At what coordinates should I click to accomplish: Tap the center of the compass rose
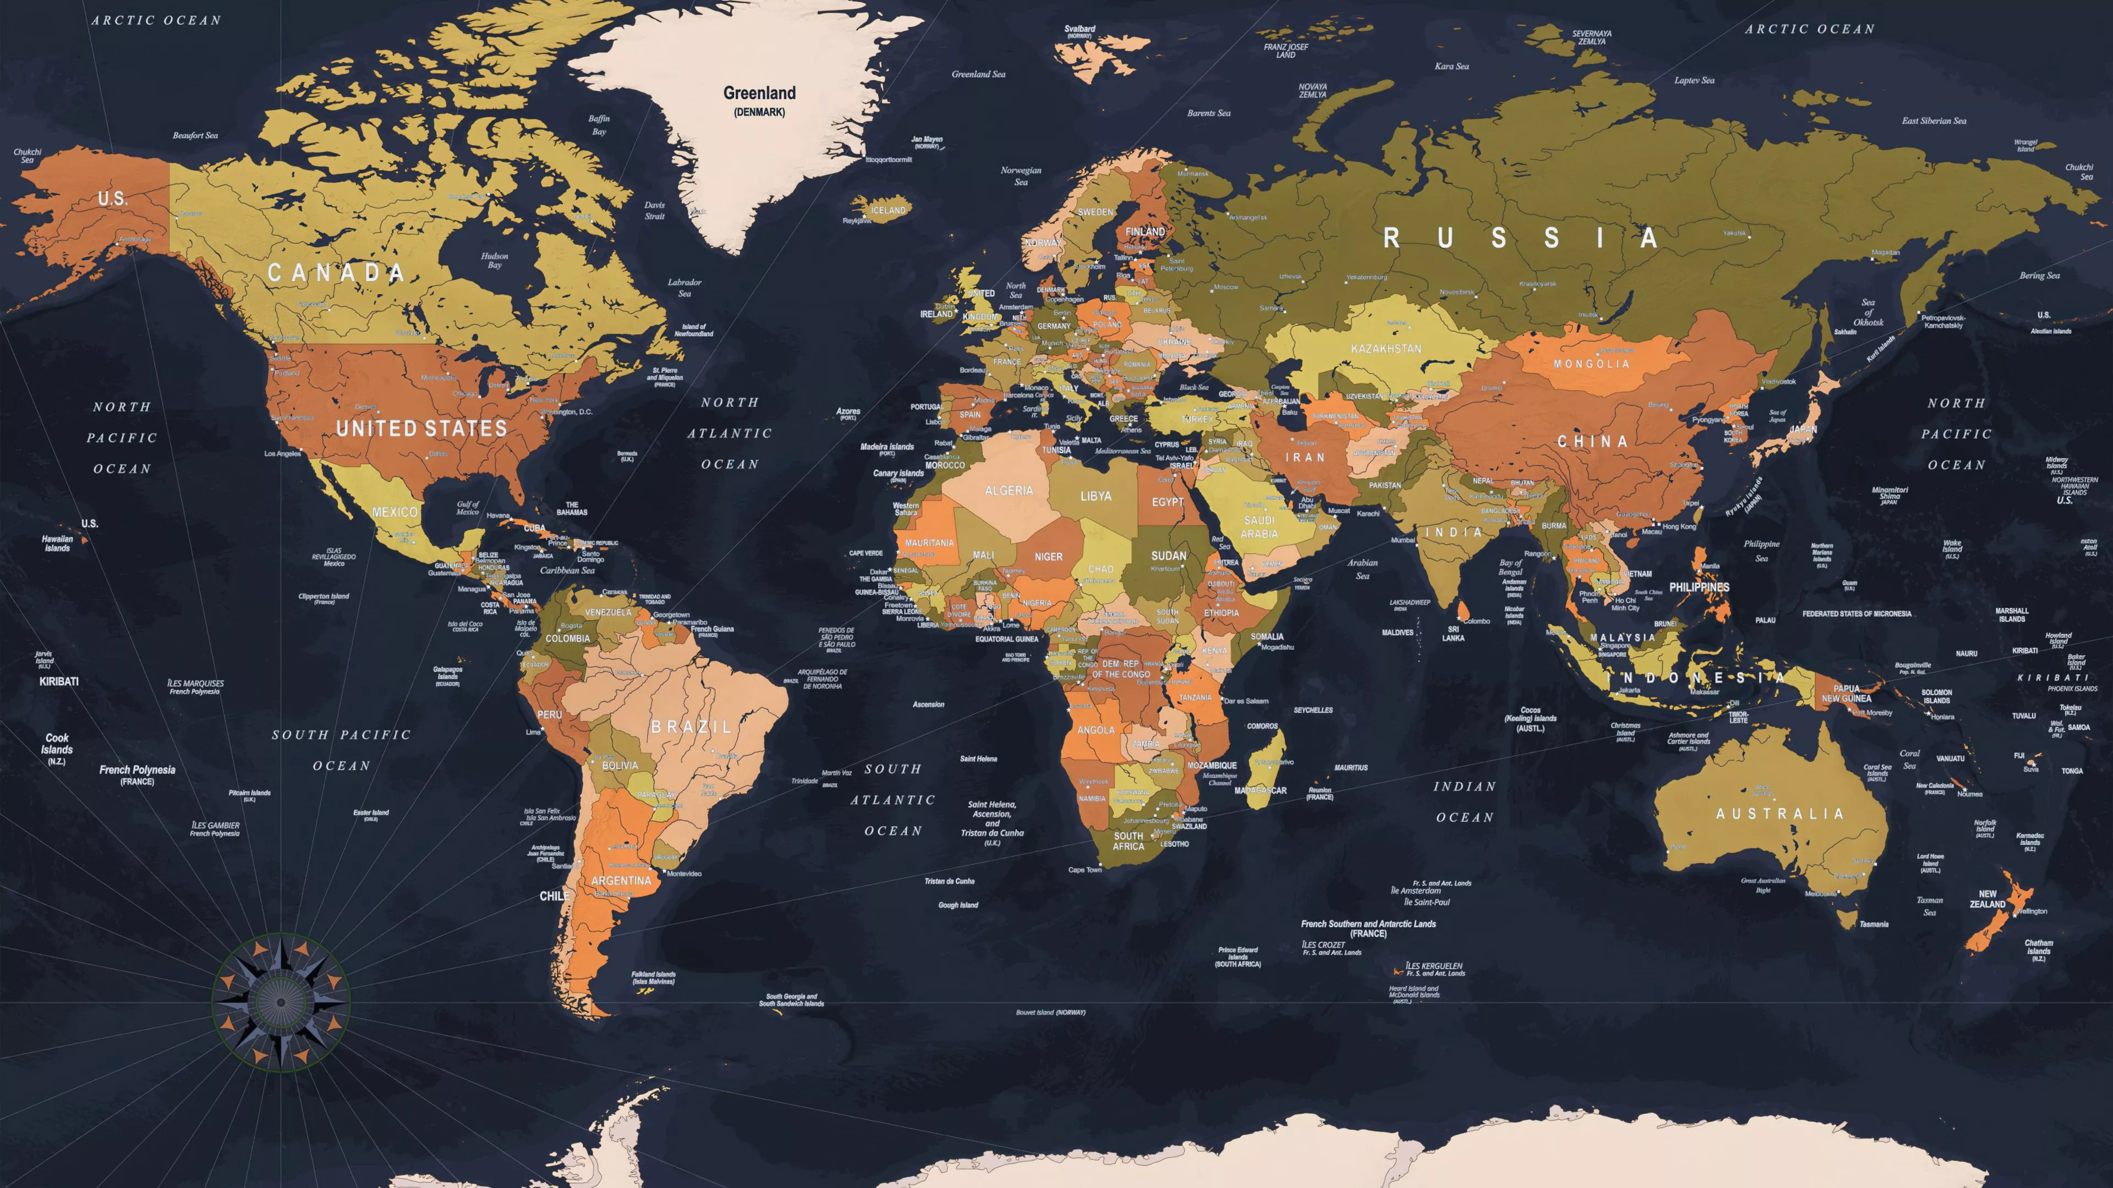click(x=281, y=1002)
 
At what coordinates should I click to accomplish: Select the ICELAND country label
click(x=888, y=211)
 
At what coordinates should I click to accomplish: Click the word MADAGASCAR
click(x=1260, y=790)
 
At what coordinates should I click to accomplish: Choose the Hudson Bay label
click(x=495, y=261)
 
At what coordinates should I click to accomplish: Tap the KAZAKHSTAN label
click(x=1386, y=349)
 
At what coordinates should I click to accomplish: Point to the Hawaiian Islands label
click(x=57, y=543)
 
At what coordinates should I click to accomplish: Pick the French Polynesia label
click(x=137, y=770)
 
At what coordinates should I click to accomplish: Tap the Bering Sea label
click(x=2039, y=276)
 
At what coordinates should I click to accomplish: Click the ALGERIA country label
click(x=1008, y=490)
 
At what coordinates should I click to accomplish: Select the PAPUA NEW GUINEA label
click(x=1847, y=694)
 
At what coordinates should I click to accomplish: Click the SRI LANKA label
click(x=1453, y=634)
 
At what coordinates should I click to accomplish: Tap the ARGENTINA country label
click(x=621, y=881)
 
